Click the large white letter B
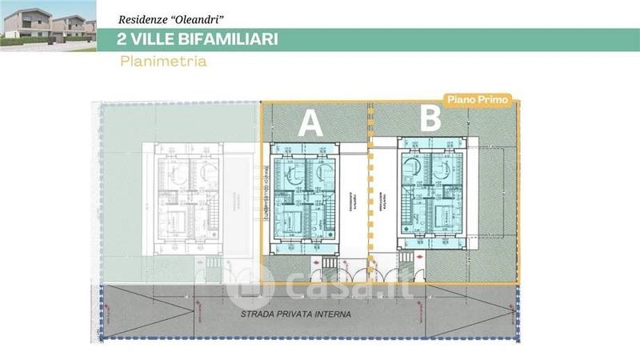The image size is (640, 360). [430, 120]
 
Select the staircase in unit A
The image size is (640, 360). [328, 214]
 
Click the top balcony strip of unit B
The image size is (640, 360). [432, 143]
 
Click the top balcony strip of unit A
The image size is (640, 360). [305, 146]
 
